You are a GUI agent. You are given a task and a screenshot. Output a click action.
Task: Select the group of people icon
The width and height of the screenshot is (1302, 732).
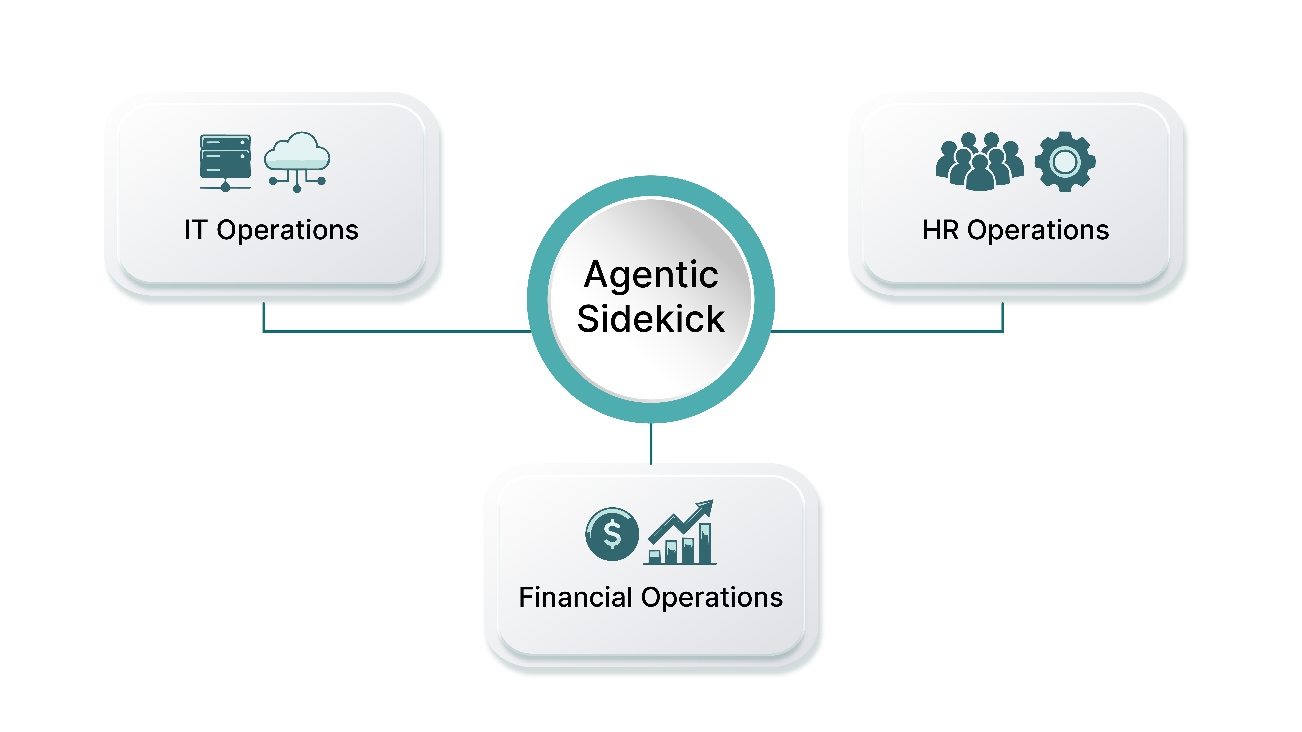980,162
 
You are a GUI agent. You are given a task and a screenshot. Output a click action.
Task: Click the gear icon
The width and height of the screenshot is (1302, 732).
1065,162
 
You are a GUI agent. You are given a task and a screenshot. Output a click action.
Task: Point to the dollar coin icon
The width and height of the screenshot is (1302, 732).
612,534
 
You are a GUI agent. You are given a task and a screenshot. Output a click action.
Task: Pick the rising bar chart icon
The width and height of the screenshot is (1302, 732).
680,532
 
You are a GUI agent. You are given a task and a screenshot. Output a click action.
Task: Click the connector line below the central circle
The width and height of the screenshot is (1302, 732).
651,444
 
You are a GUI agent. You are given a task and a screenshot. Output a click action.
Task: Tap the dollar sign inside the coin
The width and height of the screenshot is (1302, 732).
612,534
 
